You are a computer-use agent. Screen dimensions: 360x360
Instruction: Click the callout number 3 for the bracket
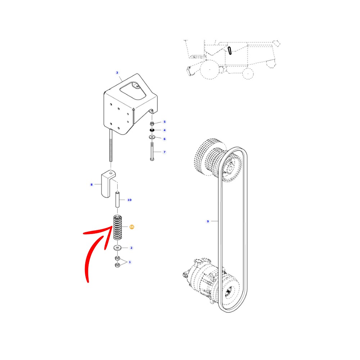point(117,73)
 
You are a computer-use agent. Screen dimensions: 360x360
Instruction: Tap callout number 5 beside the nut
point(165,122)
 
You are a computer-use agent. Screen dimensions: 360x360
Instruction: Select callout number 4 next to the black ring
point(165,130)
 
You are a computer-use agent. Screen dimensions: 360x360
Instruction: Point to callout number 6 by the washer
point(165,139)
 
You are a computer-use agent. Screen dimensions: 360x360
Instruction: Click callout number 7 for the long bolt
point(165,152)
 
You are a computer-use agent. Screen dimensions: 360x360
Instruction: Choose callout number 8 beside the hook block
point(91,185)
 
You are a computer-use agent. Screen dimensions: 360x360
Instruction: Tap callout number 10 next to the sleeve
point(130,200)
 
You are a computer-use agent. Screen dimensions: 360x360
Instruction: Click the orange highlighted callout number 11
point(132,227)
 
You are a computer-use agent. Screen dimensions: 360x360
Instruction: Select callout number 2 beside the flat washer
point(131,248)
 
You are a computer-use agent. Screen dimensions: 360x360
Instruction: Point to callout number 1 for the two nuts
point(130,262)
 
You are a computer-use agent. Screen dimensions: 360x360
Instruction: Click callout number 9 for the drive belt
point(208,221)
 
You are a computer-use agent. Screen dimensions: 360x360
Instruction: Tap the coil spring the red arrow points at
point(118,228)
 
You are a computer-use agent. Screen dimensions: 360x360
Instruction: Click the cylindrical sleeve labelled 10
point(117,200)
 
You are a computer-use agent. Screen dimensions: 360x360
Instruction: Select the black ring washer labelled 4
point(152,130)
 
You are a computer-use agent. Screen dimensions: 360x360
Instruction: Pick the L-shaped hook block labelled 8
point(108,184)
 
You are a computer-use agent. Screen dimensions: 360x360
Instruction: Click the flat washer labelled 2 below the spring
point(118,248)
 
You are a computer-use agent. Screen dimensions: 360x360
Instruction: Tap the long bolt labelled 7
point(152,151)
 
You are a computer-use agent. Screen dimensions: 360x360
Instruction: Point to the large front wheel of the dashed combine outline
point(210,69)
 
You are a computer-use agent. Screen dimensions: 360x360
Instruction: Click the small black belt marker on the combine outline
point(230,50)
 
